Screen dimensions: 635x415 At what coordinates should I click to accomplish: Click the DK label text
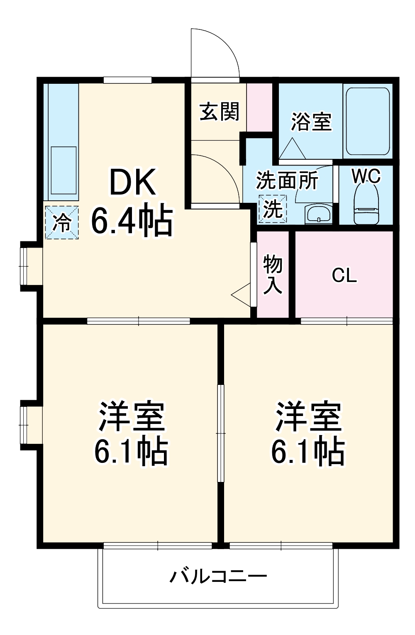pyautogui.click(x=133, y=183)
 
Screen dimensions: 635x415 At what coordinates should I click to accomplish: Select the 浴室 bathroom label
pyautogui.click(x=311, y=122)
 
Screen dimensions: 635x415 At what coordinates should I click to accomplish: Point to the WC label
pyautogui.click(x=366, y=177)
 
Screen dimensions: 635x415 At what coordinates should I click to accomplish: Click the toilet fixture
pyautogui.click(x=366, y=205)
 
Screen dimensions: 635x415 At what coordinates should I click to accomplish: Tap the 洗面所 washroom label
pyautogui.click(x=287, y=181)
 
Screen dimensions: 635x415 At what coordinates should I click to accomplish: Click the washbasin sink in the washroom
pyautogui.click(x=319, y=214)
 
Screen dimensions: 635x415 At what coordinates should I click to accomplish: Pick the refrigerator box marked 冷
pyautogui.click(x=61, y=223)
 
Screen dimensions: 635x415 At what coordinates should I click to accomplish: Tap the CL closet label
pyautogui.click(x=344, y=276)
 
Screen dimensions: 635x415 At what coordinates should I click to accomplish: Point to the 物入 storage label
pyautogui.click(x=273, y=275)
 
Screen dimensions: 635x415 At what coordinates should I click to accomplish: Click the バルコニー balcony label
pyautogui.click(x=218, y=576)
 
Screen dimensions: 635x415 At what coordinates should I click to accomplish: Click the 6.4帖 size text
pyautogui.click(x=131, y=220)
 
